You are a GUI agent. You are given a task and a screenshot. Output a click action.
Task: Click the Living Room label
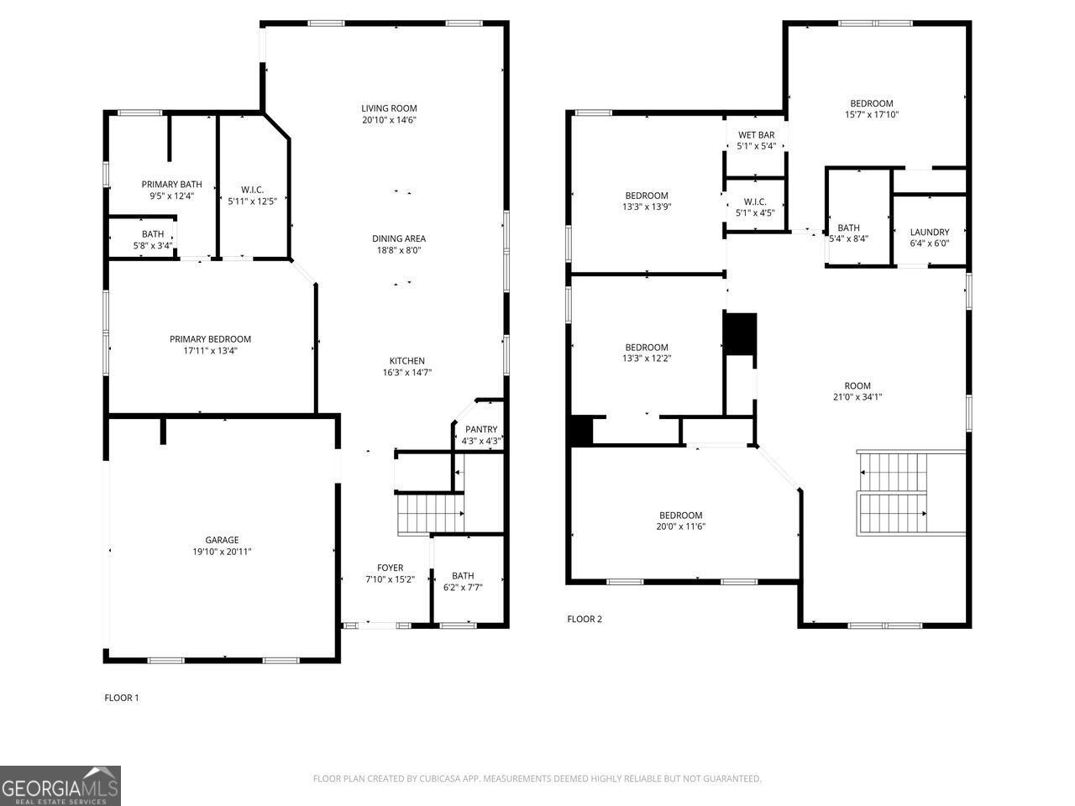tap(389, 108)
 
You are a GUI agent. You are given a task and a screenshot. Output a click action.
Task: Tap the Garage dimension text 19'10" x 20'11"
tap(222, 552)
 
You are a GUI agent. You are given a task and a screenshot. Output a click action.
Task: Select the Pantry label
tap(481, 429)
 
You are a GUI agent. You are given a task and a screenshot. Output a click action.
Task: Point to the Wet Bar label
tap(756, 134)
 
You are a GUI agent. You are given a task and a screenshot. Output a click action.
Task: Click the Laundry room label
tap(930, 232)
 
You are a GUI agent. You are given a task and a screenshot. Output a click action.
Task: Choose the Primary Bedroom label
tap(210, 339)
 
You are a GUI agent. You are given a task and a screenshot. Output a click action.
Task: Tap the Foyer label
tap(391, 568)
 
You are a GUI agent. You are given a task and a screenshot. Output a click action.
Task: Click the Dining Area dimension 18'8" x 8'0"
tap(399, 250)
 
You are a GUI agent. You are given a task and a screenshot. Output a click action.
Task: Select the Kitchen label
tap(407, 361)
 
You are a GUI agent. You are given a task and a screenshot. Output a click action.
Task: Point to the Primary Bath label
tap(171, 185)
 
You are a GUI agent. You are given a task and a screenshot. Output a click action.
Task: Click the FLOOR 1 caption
tap(122, 698)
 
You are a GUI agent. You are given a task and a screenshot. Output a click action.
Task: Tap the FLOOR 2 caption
tap(585, 619)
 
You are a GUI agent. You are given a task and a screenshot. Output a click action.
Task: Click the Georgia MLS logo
tap(60, 786)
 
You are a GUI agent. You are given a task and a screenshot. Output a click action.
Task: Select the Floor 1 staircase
tap(431, 513)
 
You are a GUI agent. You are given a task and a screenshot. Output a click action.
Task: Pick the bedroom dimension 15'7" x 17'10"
tap(872, 114)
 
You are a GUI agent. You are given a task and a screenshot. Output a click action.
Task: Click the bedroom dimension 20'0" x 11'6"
tap(681, 526)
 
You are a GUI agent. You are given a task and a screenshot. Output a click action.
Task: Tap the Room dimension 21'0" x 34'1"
tap(857, 397)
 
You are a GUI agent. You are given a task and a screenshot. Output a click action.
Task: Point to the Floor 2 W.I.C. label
tap(755, 201)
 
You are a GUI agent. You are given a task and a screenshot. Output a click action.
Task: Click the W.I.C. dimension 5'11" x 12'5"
tap(252, 201)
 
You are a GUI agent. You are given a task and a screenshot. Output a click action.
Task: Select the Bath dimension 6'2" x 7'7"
tap(463, 587)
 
